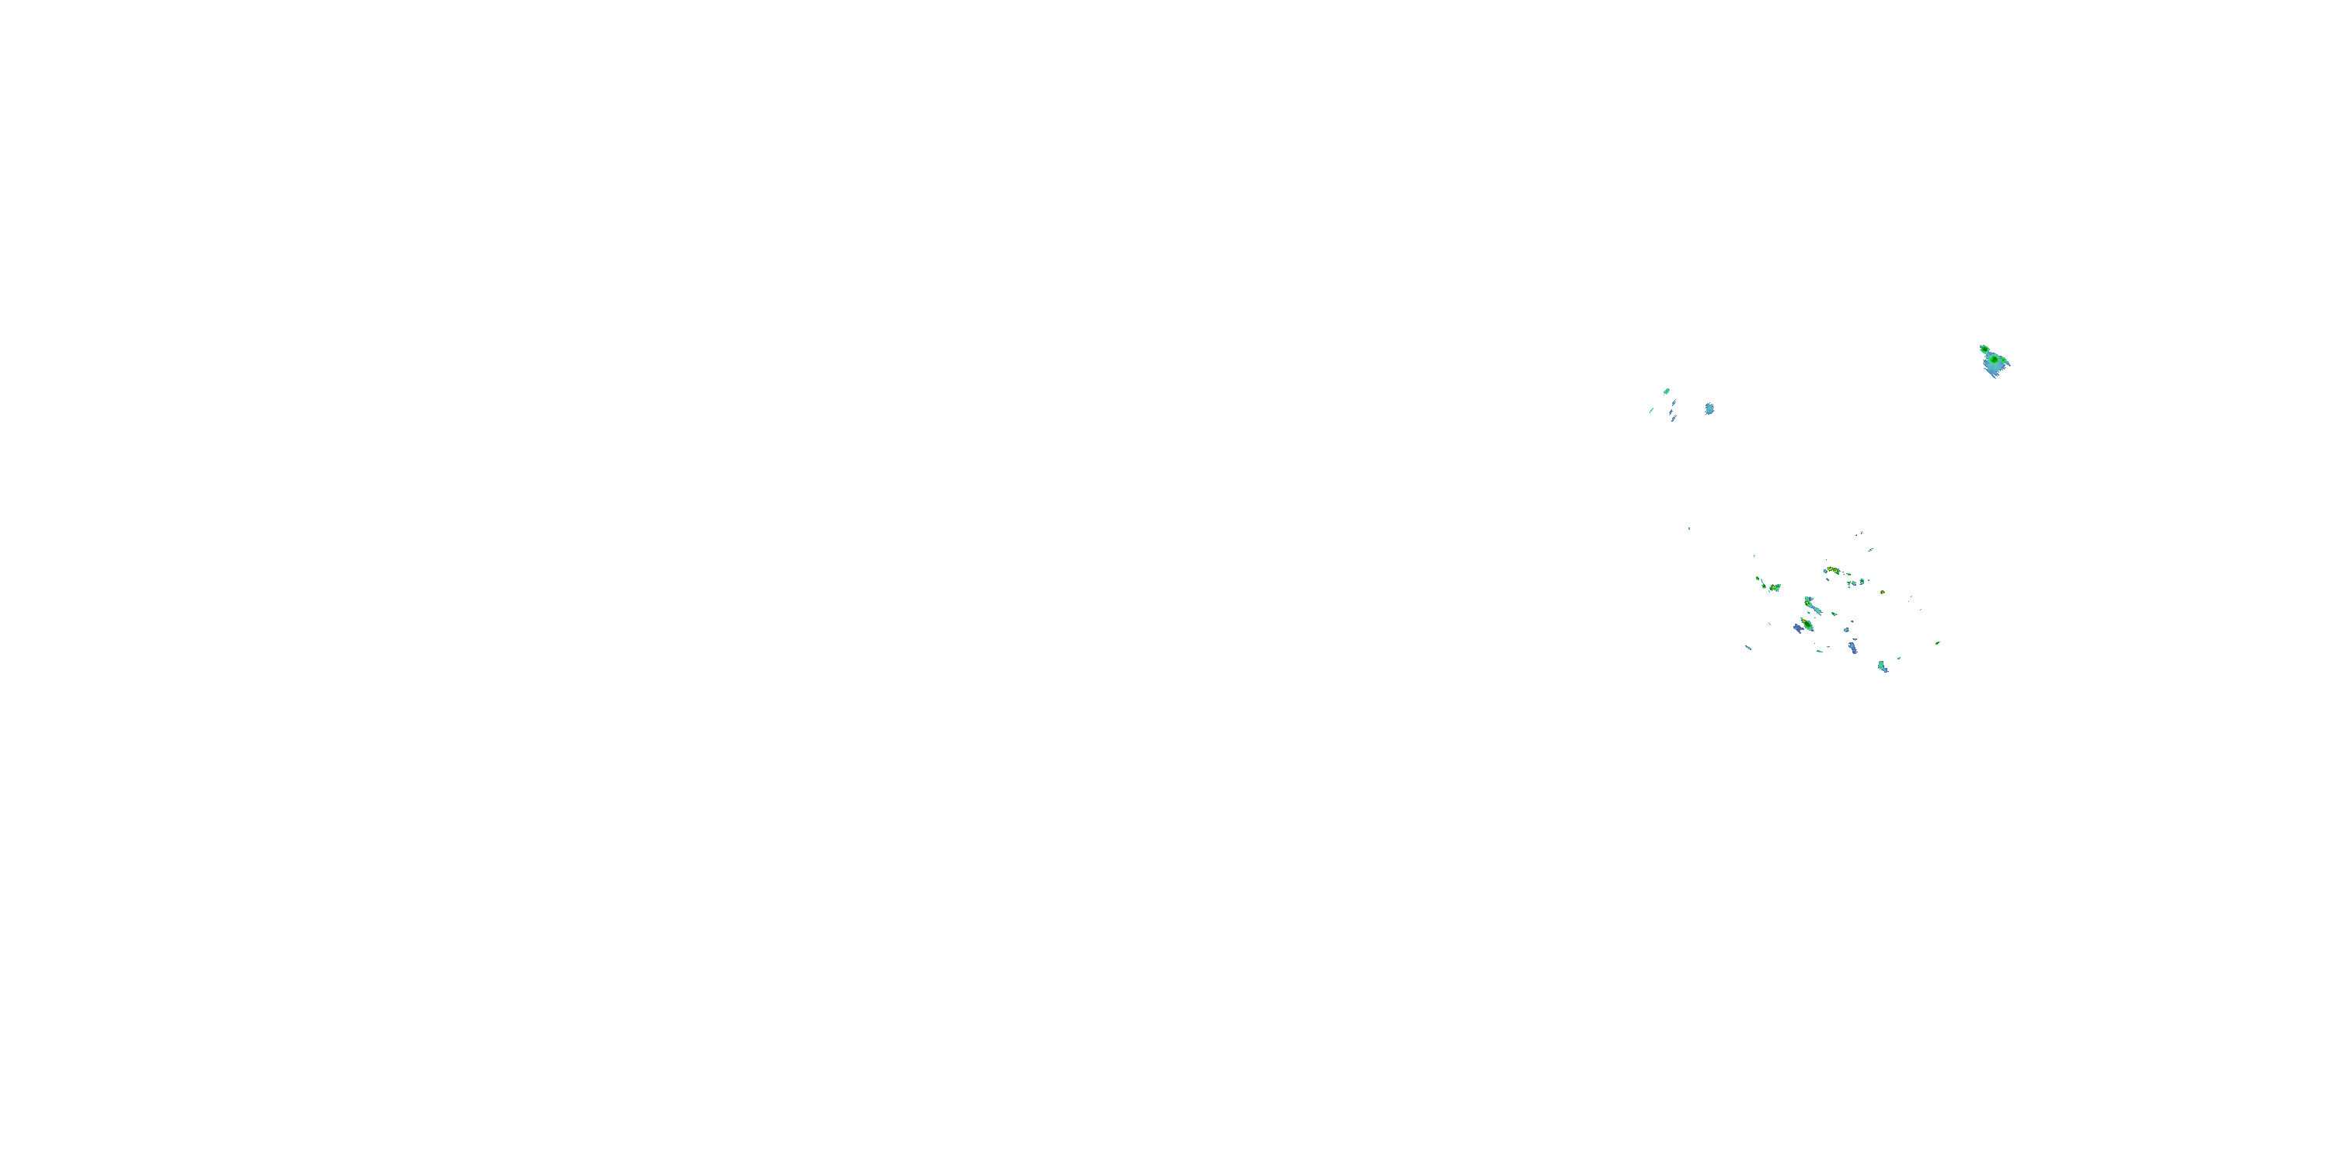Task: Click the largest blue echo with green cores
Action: coord(1995,363)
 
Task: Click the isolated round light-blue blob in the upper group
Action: coord(1709,409)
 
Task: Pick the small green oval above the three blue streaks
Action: coord(1667,391)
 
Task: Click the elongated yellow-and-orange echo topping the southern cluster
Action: coord(1833,571)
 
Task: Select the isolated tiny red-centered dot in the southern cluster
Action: coord(1882,593)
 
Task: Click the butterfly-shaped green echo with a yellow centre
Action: coord(1775,588)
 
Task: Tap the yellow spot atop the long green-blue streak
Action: coord(1808,603)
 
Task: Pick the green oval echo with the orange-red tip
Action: coord(1808,624)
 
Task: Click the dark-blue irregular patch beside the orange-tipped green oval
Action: coord(1799,628)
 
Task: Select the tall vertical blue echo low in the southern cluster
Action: coord(1853,648)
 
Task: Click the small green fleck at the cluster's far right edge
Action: coord(1939,643)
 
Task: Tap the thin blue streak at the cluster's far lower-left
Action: coord(1748,649)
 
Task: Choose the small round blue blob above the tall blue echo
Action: coord(1847,631)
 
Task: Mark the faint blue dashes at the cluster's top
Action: coord(1871,550)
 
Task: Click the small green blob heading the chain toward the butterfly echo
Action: coord(1758,579)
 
